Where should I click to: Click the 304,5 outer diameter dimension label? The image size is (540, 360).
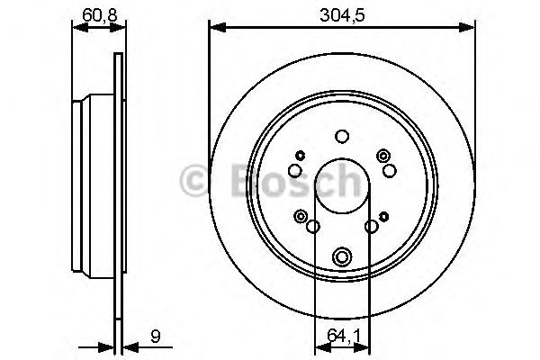point(341,13)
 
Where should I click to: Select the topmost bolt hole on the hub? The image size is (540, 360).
point(341,137)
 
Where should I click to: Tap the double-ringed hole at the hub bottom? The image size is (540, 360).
point(341,256)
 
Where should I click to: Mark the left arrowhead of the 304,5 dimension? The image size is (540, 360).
point(214,27)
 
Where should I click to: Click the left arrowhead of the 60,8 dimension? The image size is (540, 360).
point(76,27)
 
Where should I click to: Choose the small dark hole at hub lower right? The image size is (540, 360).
point(384,215)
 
